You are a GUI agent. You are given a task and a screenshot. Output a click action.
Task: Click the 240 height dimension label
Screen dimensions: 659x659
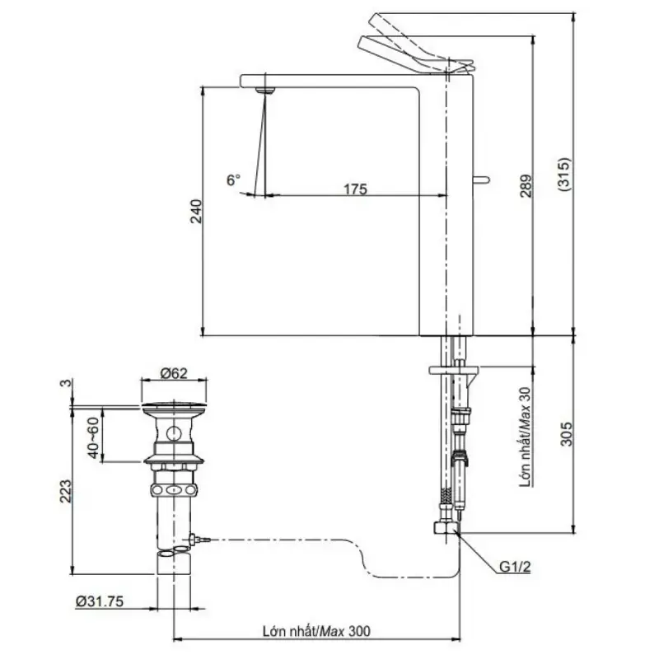pos(197,212)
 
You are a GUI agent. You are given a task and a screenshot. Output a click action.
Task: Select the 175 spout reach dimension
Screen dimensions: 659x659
pos(356,189)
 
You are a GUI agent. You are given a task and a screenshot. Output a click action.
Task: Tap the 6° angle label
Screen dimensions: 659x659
pos(234,180)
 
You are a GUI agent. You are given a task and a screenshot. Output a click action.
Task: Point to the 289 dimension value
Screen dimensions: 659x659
pos(526,186)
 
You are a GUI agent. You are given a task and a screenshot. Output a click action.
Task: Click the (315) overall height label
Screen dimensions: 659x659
pos(564,175)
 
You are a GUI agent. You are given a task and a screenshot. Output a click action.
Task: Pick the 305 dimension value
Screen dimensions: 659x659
pos(567,434)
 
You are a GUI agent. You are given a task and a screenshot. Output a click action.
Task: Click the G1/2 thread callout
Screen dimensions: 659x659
pos(515,567)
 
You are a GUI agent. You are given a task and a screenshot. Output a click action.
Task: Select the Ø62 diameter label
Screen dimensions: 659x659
pos(174,373)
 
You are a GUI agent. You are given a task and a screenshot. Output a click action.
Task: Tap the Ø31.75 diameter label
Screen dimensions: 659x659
pos(100,601)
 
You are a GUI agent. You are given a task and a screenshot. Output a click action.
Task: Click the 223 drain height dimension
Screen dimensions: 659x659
pos(66,491)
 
